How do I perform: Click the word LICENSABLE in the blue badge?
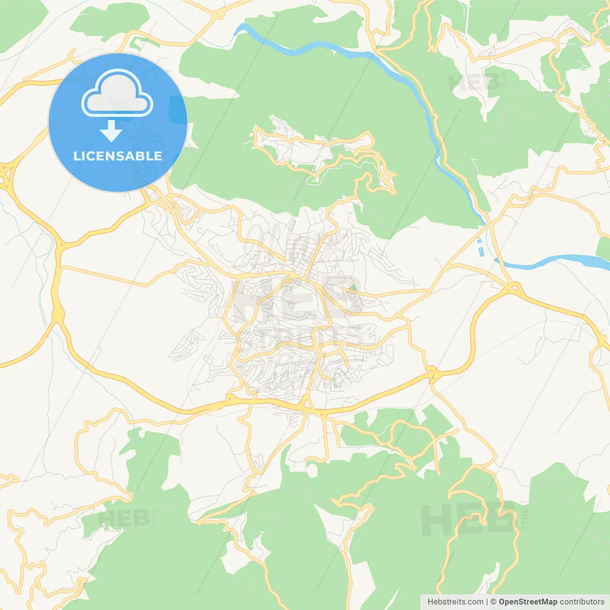pos(118,156)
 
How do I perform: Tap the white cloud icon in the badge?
pos(117,93)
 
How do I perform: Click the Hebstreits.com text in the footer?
pos(455,602)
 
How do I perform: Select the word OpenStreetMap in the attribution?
pos(528,602)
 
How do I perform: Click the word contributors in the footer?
pos(582,602)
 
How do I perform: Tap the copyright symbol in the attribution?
pos(493,602)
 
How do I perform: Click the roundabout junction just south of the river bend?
pos(514,287)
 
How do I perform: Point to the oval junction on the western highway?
pos(58,314)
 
